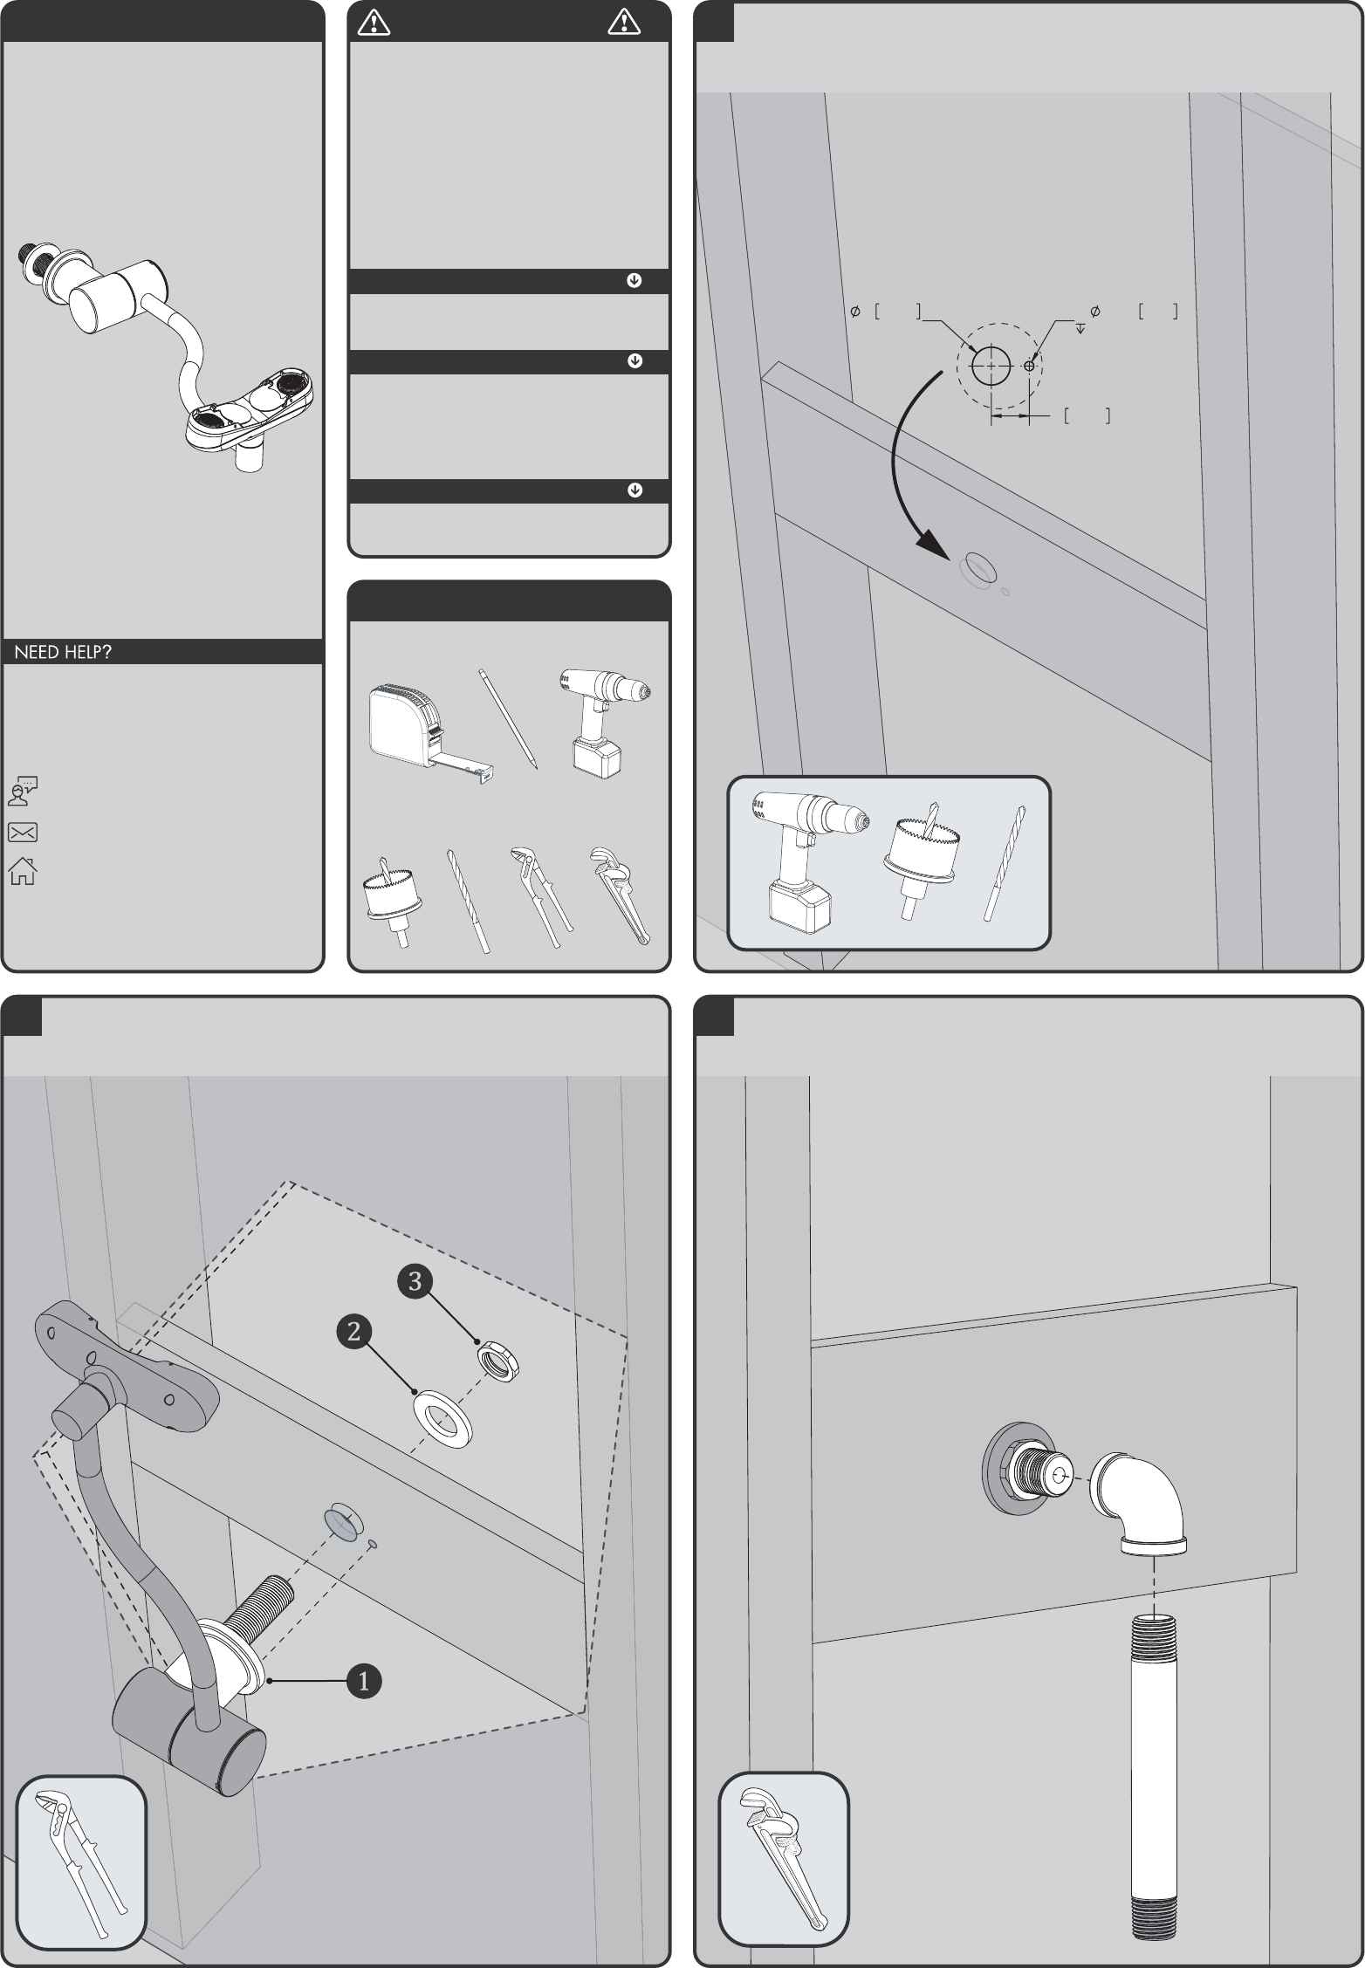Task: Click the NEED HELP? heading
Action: [x=63, y=652]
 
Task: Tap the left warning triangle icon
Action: [x=374, y=23]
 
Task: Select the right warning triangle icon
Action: [x=624, y=23]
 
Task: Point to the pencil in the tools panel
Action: [x=508, y=719]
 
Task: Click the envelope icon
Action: [x=23, y=833]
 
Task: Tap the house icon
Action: [x=23, y=872]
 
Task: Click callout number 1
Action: [x=364, y=1680]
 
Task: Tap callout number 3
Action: [x=415, y=1280]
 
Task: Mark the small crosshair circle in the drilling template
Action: [x=1030, y=366]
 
